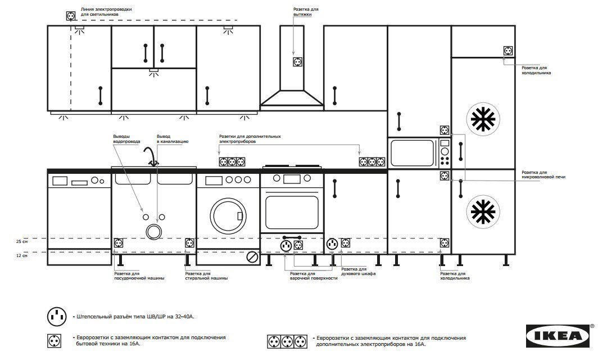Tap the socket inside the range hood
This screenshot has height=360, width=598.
tap(298, 62)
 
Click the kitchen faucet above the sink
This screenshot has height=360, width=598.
tap(151, 156)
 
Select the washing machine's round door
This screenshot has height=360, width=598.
tap(228, 216)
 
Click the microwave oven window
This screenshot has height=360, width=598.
tap(413, 153)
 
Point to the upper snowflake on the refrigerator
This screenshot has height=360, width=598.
tap(483, 119)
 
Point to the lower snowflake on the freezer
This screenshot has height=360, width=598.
tap(483, 212)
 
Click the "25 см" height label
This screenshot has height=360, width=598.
tap(22, 242)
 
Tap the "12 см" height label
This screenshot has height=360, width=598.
tap(22, 255)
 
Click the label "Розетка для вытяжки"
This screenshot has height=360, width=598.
tap(306, 12)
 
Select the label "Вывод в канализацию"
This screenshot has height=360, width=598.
tap(173, 138)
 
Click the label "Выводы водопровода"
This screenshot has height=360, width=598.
tap(126, 138)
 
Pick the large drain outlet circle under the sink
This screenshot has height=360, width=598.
tap(154, 231)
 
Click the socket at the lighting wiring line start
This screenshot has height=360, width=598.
tap(71, 16)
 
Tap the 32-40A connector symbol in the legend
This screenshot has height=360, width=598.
tap(57, 317)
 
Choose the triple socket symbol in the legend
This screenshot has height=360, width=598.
tap(287, 341)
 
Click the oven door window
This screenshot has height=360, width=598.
tap(292, 212)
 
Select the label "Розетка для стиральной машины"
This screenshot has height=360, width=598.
tap(206, 276)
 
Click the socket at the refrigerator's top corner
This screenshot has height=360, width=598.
tap(508, 51)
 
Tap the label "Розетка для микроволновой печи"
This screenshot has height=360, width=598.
tap(543, 175)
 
